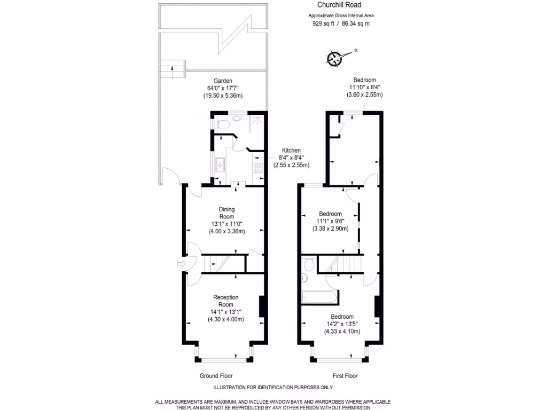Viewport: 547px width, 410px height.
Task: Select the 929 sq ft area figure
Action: pyautogui.click(x=322, y=23)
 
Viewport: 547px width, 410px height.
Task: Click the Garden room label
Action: pyautogui.click(x=223, y=81)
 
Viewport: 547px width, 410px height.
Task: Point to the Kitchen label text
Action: pyautogui.click(x=292, y=151)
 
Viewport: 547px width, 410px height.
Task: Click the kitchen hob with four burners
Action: pyautogui.click(x=258, y=170)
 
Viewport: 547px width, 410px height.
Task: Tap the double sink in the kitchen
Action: pyautogui.click(x=220, y=164)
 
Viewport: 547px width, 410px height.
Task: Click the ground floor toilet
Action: pyautogui.click(x=224, y=124)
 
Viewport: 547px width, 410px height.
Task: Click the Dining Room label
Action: pyautogui.click(x=226, y=213)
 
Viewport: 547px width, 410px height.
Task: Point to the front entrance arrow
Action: pyautogui.click(x=181, y=263)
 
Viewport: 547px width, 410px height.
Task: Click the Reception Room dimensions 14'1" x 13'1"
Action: pyautogui.click(x=226, y=312)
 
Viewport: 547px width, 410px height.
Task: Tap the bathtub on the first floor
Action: pyautogui.click(x=319, y=297)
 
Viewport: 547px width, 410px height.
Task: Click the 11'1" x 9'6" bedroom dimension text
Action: pyautogui.click(x=330, y=221)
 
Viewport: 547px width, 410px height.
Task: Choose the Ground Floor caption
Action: pyautogui.click(x=216, y=376)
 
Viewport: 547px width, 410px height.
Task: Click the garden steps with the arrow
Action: pyautogui.click(x=172, y=66)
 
